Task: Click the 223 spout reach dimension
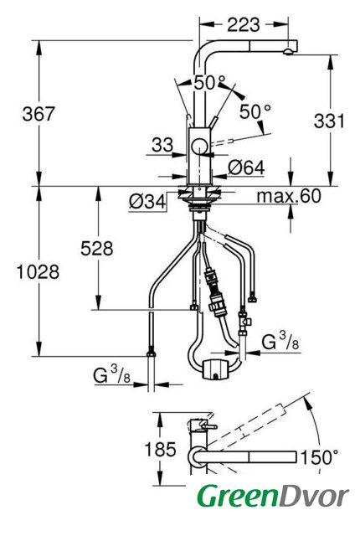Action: click(244, 24)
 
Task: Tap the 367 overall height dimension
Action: click(39, 114)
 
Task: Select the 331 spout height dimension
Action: click(329, 121)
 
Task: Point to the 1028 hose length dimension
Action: click(38, 272)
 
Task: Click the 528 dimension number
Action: click(96, 249)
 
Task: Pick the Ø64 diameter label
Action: click(246, 167)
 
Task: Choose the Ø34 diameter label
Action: click(147, 202)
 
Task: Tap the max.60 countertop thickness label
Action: click(289, 196)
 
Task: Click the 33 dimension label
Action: click(162, 145)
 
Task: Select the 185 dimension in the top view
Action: click(160, 449)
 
